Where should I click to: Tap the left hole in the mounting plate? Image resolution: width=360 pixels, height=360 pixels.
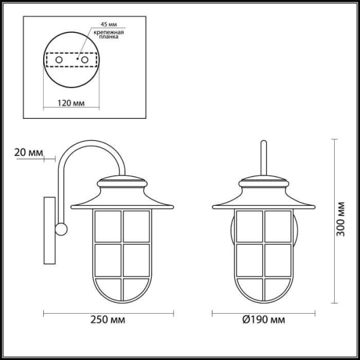[58, 61]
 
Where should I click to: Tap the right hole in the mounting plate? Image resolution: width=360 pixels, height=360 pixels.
[85, 61]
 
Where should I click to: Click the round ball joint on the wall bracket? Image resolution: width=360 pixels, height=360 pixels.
[61, 228]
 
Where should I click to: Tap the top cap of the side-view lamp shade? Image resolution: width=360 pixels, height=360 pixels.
[122, 179]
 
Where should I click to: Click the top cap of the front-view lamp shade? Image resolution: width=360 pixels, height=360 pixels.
[263, 179]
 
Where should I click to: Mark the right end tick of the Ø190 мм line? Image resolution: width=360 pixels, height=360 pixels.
[314, 313]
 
